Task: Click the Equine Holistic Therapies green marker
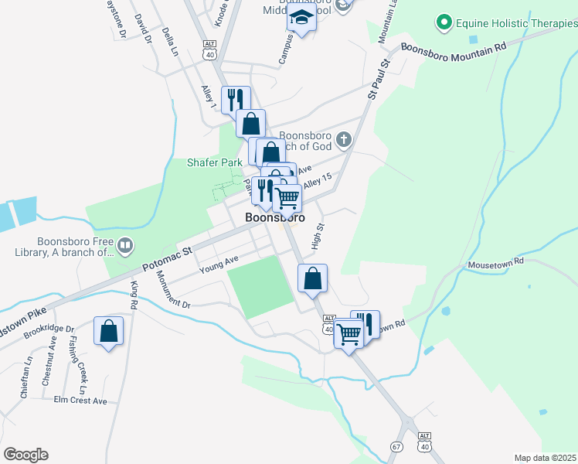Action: pos(444,23)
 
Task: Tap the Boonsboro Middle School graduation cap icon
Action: pos(302,20)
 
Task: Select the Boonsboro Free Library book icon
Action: pos(125,247)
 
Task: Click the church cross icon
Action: pos(344,140)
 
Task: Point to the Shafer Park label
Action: pos(215,162)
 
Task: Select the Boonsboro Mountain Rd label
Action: pos(454,46)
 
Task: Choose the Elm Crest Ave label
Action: pos(80,401)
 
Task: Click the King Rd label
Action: pos(134,295)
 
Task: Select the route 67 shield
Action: pos(396,447)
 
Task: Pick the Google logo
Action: pos(26,454)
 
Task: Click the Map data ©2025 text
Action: pos(545,458)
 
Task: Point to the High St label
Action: pos(317,236)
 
